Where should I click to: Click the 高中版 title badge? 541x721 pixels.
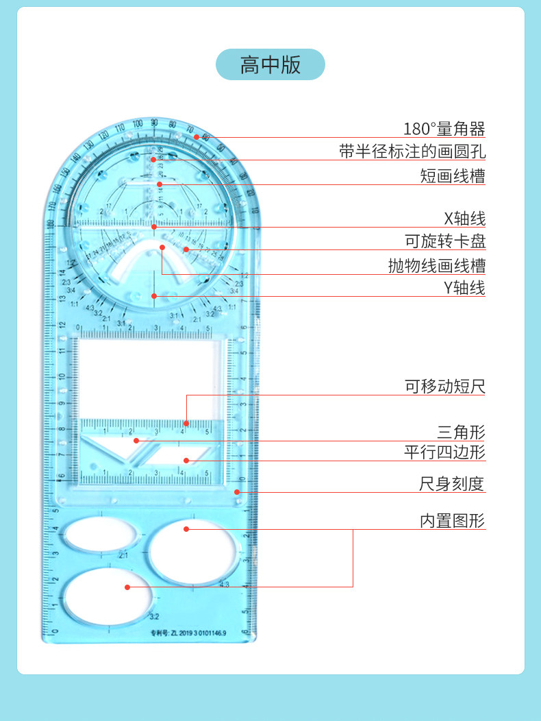270,64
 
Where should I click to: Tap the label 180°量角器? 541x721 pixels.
444,128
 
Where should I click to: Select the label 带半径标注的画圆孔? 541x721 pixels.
412,151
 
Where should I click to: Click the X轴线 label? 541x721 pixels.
464,219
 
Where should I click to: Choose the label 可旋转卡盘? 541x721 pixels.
445,241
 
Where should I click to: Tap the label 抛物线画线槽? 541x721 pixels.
436,265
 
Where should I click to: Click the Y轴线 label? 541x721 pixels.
464,288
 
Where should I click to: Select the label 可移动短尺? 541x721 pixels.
444,387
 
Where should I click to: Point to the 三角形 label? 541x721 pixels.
461,432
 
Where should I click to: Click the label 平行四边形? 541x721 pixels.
444,452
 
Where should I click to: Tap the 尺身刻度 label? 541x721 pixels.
452,484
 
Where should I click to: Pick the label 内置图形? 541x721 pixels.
452,521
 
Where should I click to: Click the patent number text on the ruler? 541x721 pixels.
188,633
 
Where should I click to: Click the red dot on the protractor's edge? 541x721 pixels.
196,137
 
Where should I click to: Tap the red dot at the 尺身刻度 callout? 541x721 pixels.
237,491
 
